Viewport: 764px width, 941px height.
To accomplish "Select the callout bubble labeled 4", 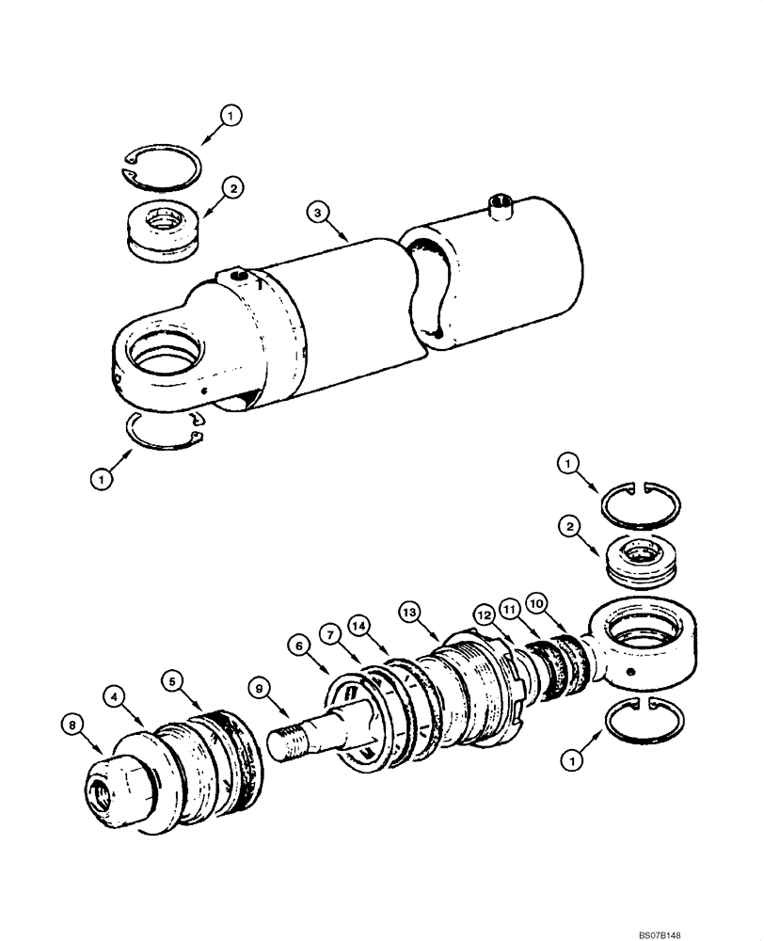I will click(113, 697).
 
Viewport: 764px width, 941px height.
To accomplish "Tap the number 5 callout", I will click(170, 679).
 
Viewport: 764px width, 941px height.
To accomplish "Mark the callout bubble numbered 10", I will click(536, 599).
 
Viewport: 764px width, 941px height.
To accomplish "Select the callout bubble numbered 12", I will click(483, 614).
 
